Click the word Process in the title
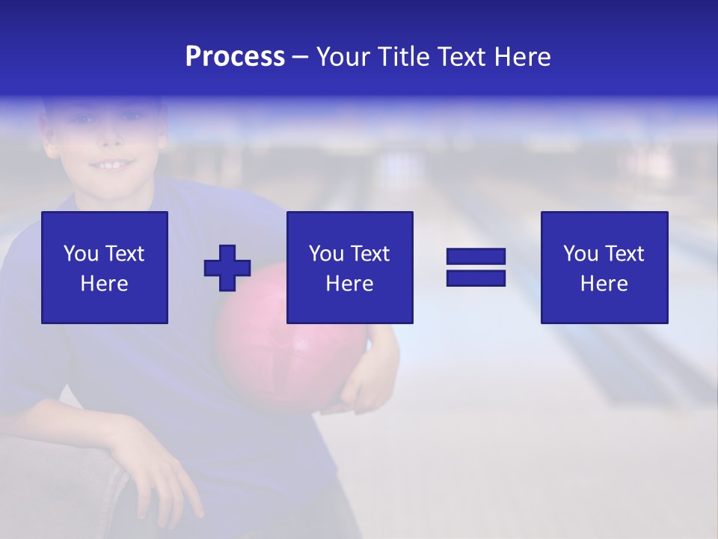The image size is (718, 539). point(235,57)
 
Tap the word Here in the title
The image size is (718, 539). point(523,57)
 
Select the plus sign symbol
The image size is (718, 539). point(227,268)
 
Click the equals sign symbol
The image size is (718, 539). point(476,267)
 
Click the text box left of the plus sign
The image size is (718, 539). point(105,267)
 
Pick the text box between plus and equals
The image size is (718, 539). point(349,267)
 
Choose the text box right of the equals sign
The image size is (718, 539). point(604,267)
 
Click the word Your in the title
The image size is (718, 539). point(343,57)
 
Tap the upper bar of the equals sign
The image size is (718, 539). point(476,257)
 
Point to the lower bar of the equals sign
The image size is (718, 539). point(476,278)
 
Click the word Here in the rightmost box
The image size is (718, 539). point(604,283)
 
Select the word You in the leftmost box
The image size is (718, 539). point(81,254)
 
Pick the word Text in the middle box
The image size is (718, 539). point(370,254)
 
